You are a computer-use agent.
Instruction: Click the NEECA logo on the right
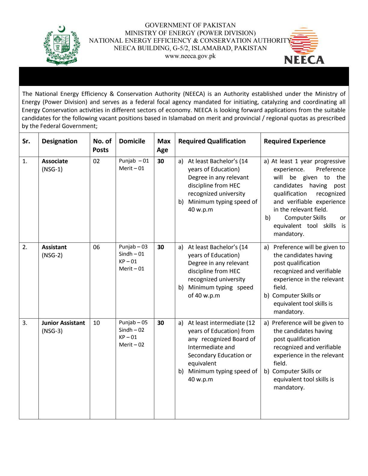click(304, 47)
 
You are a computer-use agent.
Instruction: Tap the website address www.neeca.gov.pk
click(190, 56)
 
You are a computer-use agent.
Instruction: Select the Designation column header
click(60, 141)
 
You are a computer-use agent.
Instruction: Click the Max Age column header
click(164, 145)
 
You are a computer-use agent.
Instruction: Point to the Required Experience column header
click(294, 141)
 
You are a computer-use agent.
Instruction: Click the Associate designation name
click(55, 161)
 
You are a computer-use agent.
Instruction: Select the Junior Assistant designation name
click(63, 323)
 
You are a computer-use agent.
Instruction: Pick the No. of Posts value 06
click(96, 247)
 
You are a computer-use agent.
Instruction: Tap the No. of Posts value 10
click(96, 323)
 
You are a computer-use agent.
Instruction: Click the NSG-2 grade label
click(52, 255)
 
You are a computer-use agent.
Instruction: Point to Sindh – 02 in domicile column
click(132, 330)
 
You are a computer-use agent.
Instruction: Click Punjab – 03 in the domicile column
click(133, 247)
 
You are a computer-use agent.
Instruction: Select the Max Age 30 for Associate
click(161, 161)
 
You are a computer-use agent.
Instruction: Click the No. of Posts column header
click(102, 145)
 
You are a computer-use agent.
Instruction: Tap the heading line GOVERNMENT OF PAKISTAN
click(190, 25)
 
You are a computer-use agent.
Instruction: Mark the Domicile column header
click(132, 141)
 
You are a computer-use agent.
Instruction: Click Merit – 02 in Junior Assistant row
click(131, 345)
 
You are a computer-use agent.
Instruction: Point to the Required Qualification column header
click(212, 141)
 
